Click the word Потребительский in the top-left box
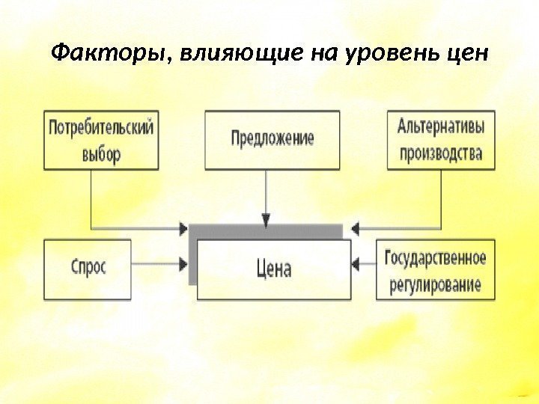101,128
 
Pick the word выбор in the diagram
101,155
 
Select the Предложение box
272,139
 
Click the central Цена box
273,269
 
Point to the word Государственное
435,258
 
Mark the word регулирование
435,285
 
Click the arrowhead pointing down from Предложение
266,218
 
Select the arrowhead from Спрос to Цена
184,263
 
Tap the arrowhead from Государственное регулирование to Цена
357,263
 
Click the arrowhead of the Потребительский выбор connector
184,227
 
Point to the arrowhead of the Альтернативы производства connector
356,227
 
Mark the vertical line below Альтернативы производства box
440,198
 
